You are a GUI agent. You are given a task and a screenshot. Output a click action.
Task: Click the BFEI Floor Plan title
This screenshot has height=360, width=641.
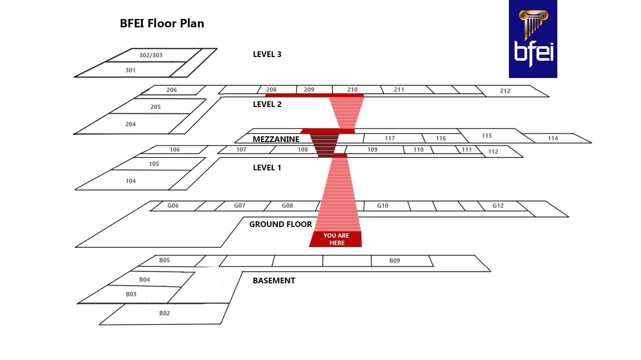(162, 23)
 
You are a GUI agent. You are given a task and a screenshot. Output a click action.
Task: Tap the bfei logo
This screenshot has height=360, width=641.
(533, 39)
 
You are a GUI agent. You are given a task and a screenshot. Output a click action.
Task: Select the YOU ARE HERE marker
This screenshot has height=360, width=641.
(336, 239)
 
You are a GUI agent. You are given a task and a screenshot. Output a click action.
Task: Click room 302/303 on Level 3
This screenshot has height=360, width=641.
(151, 55)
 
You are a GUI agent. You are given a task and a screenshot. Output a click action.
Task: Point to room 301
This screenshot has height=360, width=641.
(130, 70)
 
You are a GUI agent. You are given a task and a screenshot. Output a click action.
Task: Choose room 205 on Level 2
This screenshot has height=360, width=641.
(155, 107)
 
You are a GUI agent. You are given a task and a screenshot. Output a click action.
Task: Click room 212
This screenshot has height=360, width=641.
(505, 91)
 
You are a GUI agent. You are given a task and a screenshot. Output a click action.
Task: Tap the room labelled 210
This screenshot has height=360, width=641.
(352, 90)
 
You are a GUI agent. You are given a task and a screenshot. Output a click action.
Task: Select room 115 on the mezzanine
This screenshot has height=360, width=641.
(487, 136)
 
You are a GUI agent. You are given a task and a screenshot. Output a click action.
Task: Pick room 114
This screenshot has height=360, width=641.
(553, 138)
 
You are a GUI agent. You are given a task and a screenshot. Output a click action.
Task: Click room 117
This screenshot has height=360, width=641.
(390, 138)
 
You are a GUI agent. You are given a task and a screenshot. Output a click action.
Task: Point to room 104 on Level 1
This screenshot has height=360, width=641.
(130, 181)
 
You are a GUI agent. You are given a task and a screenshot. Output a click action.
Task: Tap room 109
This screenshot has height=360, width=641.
(372, 150)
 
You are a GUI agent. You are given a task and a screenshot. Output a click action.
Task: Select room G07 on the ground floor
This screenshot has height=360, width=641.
(239, 206)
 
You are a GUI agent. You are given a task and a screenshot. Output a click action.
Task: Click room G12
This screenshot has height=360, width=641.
(498, 206)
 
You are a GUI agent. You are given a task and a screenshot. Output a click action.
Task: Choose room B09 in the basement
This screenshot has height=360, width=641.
(395, 261)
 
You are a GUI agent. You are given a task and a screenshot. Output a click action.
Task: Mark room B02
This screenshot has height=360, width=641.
(164, 313)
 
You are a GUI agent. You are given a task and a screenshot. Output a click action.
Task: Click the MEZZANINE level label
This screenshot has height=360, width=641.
(276, 139)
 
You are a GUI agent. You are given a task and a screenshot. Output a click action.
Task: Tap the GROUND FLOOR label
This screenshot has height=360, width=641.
(280, 224)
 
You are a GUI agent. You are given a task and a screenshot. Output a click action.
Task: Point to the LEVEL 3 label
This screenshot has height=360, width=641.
(267, 54)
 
